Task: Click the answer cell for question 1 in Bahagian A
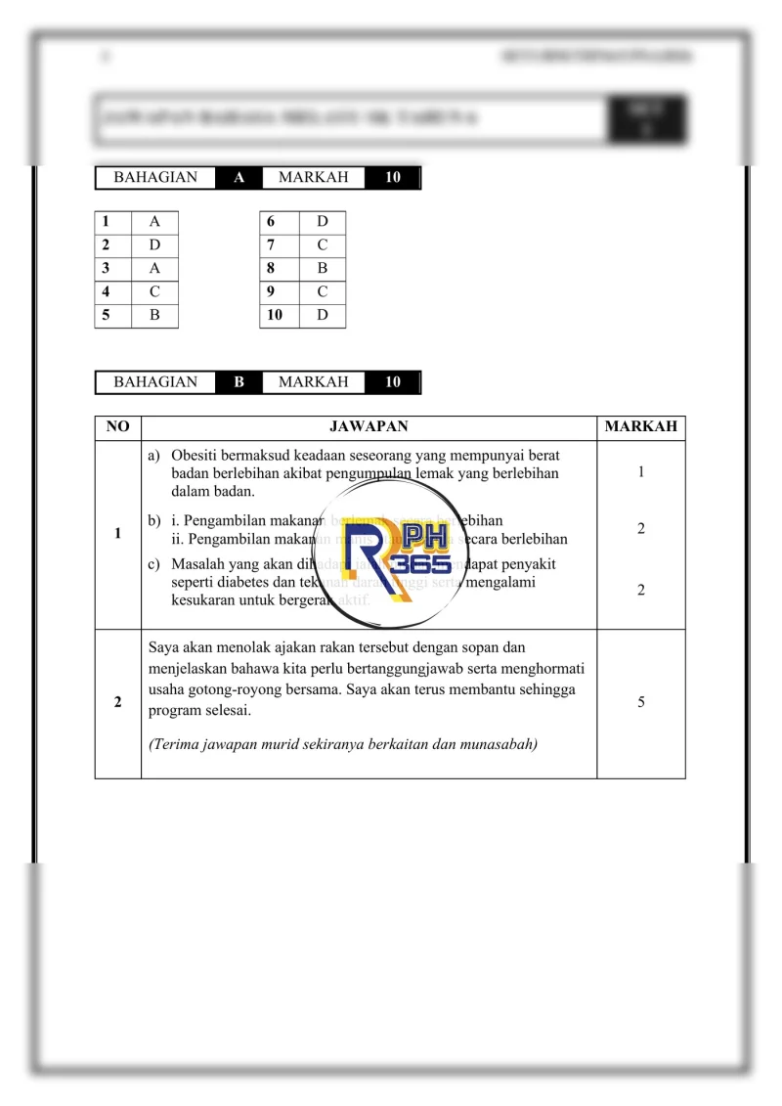(155, 221)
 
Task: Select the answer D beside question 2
(155, 244)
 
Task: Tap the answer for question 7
(323, 244)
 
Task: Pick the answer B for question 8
(323, 268)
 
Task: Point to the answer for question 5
(155, 315)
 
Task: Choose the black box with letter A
(239, 178)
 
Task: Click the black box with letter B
(239, 382)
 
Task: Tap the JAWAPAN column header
(369, 427)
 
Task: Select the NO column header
(117, 427)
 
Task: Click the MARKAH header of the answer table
(640, 427)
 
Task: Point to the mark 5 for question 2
(640, 702)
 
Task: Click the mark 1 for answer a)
(640, 472)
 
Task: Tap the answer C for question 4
(155, 291)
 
